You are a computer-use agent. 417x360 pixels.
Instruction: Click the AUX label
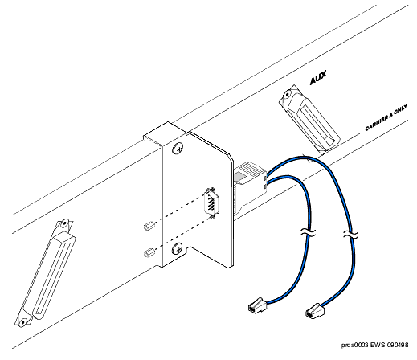318,77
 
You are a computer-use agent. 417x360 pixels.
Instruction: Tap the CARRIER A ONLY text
386,118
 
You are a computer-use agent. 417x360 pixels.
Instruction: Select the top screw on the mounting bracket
178,149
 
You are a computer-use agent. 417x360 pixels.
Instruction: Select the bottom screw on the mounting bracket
178,248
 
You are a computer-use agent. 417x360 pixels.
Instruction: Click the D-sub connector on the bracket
212,202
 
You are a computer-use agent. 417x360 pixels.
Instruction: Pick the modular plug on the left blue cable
257,305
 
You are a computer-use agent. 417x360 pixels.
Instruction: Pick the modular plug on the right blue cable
315,311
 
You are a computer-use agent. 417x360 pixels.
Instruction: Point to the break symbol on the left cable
308,232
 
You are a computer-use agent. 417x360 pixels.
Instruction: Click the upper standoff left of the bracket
149,226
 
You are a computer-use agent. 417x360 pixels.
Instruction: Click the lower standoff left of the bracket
149,252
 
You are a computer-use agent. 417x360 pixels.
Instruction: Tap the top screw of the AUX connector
287,95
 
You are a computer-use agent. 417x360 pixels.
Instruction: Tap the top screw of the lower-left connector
64,223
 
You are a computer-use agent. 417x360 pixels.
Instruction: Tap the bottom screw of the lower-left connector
23,322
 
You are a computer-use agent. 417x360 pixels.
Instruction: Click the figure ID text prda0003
355,345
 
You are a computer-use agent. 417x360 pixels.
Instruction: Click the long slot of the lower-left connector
53,278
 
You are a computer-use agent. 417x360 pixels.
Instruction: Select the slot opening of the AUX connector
317,124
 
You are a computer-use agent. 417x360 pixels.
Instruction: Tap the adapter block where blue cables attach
251,174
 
